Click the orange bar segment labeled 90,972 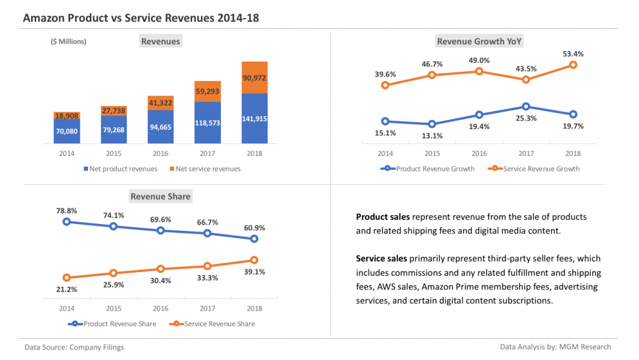pyautogui.click(x=254, y=77)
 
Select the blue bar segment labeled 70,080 pyautogui.click(x=67, y=132)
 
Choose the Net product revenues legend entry pyautogui.click(x=119, y=169)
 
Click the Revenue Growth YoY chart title pyautogui.click(x=479, y=42)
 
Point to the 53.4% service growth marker pyautogui.click(x=573, y=66)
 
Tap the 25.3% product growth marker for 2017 pyautogui.click(x=526, y=107)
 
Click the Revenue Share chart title pyautogui.click(x=160, y=197)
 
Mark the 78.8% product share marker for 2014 pyautogui.click(x=67, y=221)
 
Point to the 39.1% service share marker pyautogui.click(x=254, y=260)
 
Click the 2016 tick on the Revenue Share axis pyautogui.click(x=160, y=308)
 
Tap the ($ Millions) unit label pyautogui.click(x=69, y=42)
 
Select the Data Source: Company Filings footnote pyautogui.click(x=74, y=347)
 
